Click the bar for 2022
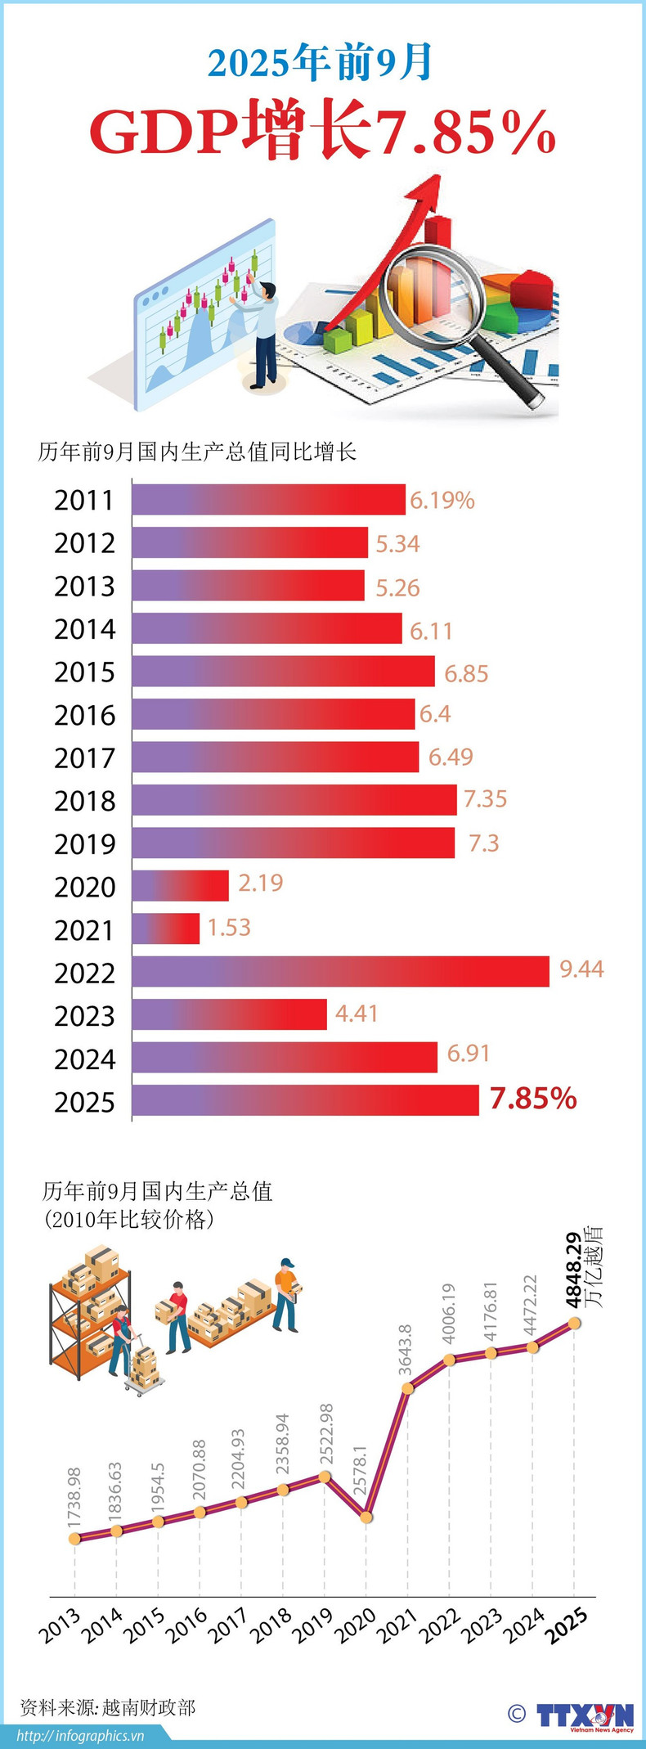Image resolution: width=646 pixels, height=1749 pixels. (340, 971)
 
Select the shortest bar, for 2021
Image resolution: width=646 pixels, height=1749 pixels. (166, 928)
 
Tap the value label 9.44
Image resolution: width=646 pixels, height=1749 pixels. (581, 969)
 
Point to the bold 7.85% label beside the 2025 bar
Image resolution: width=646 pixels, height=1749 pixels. (533, 1099)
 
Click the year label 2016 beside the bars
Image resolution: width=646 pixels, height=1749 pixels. (85, 716)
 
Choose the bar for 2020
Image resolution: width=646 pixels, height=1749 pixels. (180, 885)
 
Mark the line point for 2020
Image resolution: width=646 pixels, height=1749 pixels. (366, 1517)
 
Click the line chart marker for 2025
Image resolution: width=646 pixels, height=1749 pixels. (574, 1323)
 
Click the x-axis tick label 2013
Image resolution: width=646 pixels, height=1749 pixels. (61, 1626)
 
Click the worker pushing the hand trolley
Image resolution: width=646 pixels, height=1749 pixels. (122, 1344)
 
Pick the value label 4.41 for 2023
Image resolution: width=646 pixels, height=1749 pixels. (357, 1014)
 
